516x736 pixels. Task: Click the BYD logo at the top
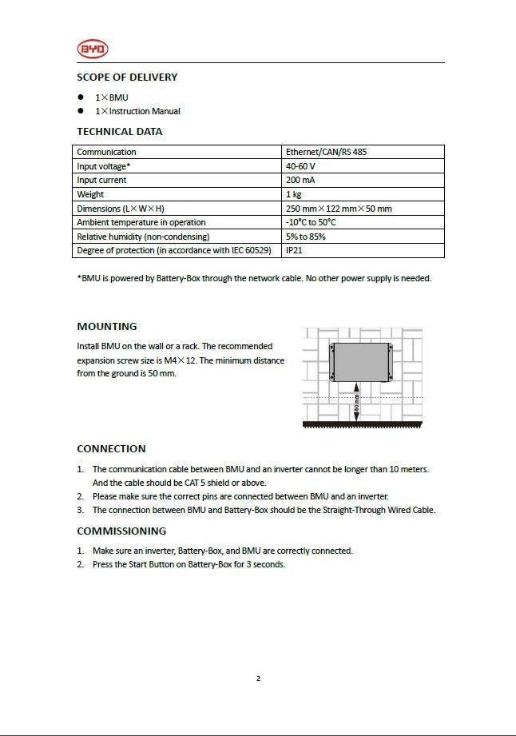click(93, 50)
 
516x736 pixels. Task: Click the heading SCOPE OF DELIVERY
click(127, 78)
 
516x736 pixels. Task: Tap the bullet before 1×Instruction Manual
click(81, 111)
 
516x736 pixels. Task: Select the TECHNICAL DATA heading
click(119, 132)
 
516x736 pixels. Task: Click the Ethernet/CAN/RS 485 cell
click(326, 152)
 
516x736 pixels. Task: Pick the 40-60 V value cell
click(300, 166)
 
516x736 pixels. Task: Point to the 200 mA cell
click(300, 181)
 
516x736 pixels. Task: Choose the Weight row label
click(90, 194)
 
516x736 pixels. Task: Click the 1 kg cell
click(293, 194)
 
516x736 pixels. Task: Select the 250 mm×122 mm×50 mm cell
click(339, 209)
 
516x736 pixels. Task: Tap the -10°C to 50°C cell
click(311, 222)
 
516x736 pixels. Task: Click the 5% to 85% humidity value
click(305, 237)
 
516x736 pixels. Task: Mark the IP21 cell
click(294, 250)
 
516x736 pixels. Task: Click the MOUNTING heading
click(107, 327)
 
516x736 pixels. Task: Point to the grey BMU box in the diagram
click(359, 361)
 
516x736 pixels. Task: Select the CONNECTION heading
click(111, 449)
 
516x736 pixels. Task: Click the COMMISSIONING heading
click(121, 531)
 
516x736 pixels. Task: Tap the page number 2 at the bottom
click(258, 679)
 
